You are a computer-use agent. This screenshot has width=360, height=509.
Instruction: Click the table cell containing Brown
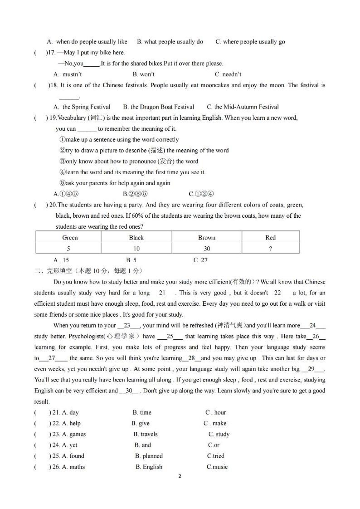coord(207,237)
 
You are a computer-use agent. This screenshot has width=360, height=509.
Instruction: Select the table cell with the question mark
coord(270,248)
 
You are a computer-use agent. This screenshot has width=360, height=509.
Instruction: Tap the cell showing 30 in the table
coord(207,248)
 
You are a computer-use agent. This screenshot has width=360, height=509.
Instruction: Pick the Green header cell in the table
coord(70,237)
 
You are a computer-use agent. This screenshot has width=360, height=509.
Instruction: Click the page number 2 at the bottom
coord(180,476)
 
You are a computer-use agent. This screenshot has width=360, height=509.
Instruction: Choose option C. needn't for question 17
coord(228,74)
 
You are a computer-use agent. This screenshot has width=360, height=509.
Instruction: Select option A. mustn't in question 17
coord(68,74)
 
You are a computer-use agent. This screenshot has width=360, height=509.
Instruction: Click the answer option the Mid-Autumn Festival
coord(243,107)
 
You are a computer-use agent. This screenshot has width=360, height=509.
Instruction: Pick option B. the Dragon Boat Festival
coord(159,107)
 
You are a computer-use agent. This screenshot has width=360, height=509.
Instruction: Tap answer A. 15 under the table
coord(61,260)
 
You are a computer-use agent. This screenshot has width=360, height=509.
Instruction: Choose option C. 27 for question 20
coord(200,260)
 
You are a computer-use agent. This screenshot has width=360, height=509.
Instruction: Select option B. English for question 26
coord(149,467)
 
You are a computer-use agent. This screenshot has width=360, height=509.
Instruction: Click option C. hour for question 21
coord(216,412)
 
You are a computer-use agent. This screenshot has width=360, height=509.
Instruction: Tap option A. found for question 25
coord(73,456)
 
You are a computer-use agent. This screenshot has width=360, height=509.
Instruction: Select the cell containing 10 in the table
coord(136,248)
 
